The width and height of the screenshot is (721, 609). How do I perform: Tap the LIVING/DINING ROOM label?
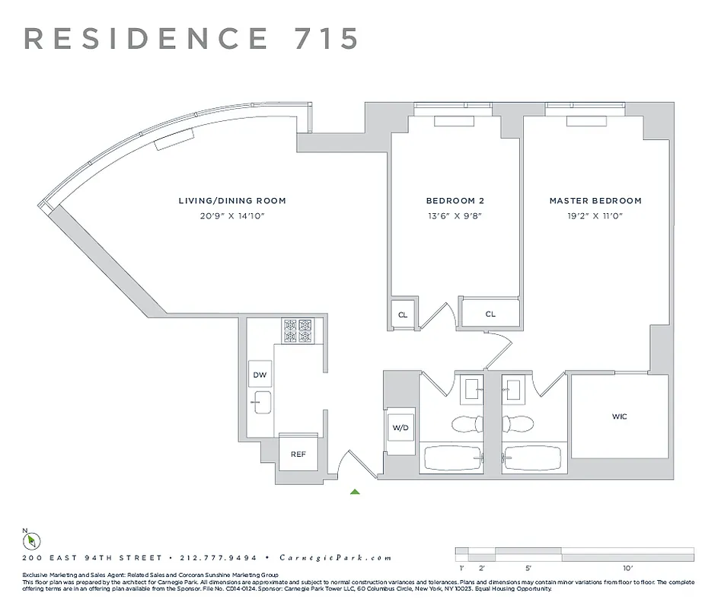pos(232,201)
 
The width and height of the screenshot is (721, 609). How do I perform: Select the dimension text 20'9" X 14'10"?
pos(231,216)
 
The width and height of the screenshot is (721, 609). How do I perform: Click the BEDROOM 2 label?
pos(455,201)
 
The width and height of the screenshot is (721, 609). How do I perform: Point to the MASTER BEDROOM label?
pos(595,201)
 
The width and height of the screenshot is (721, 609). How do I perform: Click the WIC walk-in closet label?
pos(620,417)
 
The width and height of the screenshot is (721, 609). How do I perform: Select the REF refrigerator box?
pos(298,454)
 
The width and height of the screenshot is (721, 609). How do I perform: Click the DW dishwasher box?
pos(259,375)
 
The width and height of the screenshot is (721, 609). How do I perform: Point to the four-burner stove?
pos(298,330)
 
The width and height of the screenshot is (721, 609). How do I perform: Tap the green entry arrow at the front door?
pos(355,492)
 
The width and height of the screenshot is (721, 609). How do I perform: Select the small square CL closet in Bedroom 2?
pos(402,314)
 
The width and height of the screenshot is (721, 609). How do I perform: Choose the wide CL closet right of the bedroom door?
pos(490,314)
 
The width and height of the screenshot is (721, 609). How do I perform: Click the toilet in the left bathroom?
pos(464,424)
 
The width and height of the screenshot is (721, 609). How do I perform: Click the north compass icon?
pos(31,540)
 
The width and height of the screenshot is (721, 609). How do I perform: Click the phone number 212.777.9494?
pos(217,558)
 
